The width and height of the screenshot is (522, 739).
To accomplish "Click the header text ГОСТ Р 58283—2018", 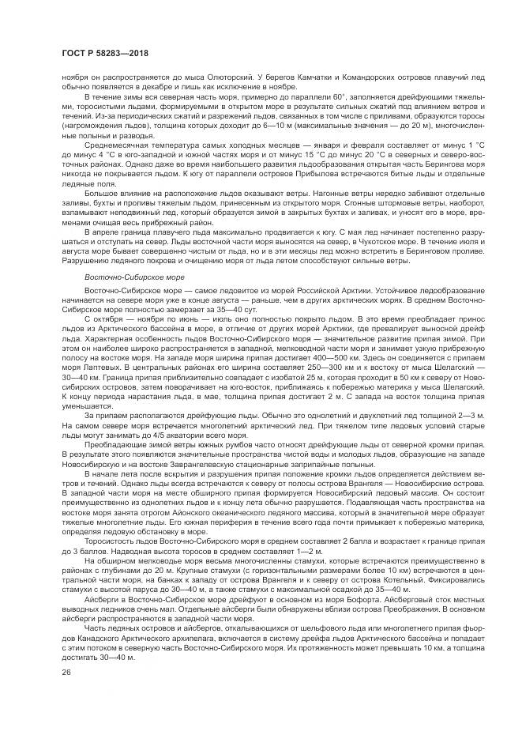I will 101,53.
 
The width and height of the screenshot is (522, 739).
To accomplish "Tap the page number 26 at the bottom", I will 65,672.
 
